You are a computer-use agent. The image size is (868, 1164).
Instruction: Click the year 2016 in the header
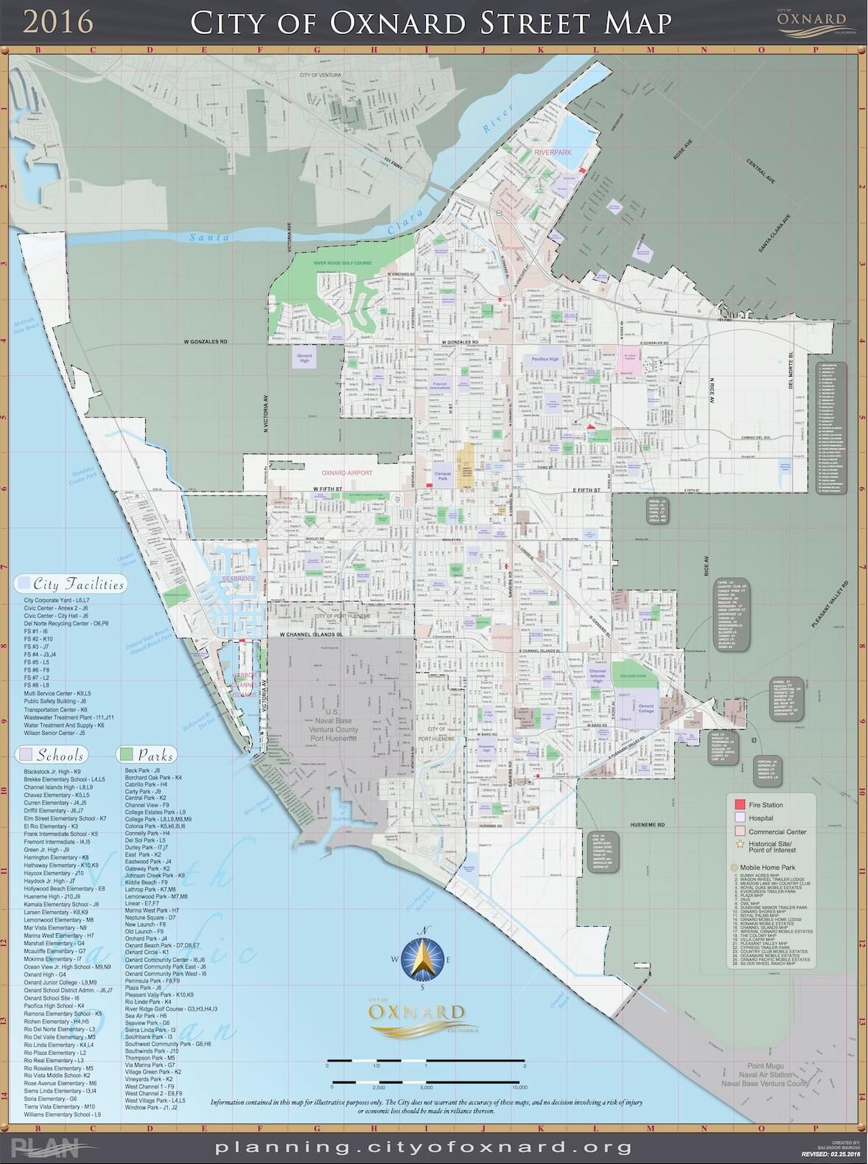[x=58, y=22]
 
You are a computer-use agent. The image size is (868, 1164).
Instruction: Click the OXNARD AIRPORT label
[x=346, y=473]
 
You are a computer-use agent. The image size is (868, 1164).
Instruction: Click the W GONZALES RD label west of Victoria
[x=206, y=342]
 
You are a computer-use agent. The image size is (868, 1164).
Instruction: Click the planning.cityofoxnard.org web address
[x=424, y=1147]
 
